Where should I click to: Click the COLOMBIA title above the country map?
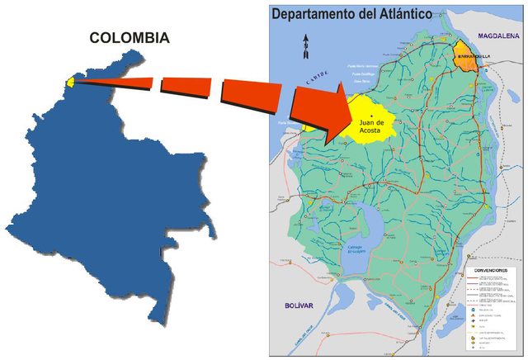point(130,37)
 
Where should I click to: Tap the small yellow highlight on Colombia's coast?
point(71,81)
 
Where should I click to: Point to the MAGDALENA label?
point(499,36)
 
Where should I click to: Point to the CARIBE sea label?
point(316,82)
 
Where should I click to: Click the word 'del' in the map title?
point(368,13)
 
